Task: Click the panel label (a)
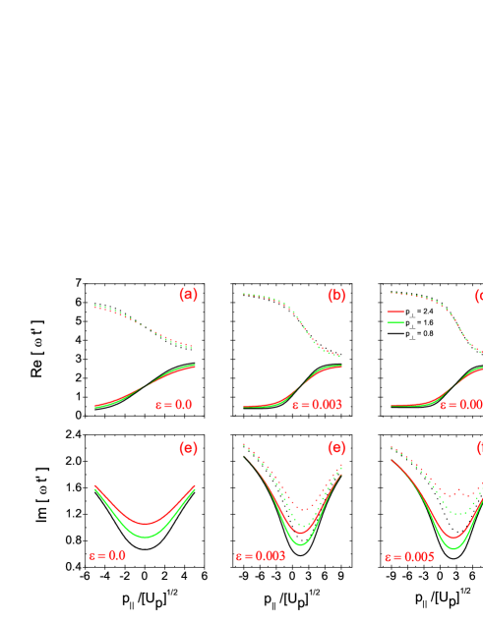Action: point(188,295)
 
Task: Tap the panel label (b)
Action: point(336,295)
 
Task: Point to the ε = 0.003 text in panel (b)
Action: point(316,405)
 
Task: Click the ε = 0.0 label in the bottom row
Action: point(106,555)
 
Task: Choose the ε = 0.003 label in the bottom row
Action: point(260,556)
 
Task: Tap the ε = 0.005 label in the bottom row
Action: point(409,556)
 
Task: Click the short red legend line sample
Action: point(395,311)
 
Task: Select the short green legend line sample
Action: point(395,322)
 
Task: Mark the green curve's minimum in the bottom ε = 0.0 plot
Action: point(146,538)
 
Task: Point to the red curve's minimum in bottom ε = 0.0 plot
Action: point(146,524)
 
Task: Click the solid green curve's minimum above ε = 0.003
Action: point(301,543)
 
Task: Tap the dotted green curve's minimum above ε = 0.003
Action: point(307,520)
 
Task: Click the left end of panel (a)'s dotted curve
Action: point(95,306)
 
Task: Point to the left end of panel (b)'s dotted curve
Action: point(244,294)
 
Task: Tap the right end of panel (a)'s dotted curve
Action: point(192,347)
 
